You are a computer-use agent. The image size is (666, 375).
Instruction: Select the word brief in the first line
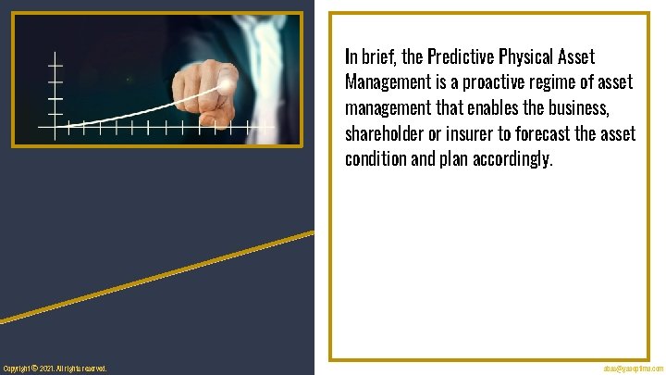coord(379,57)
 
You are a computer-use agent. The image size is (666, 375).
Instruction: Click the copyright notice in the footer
coord(55,369)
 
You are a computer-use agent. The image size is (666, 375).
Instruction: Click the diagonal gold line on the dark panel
coord(157,277)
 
